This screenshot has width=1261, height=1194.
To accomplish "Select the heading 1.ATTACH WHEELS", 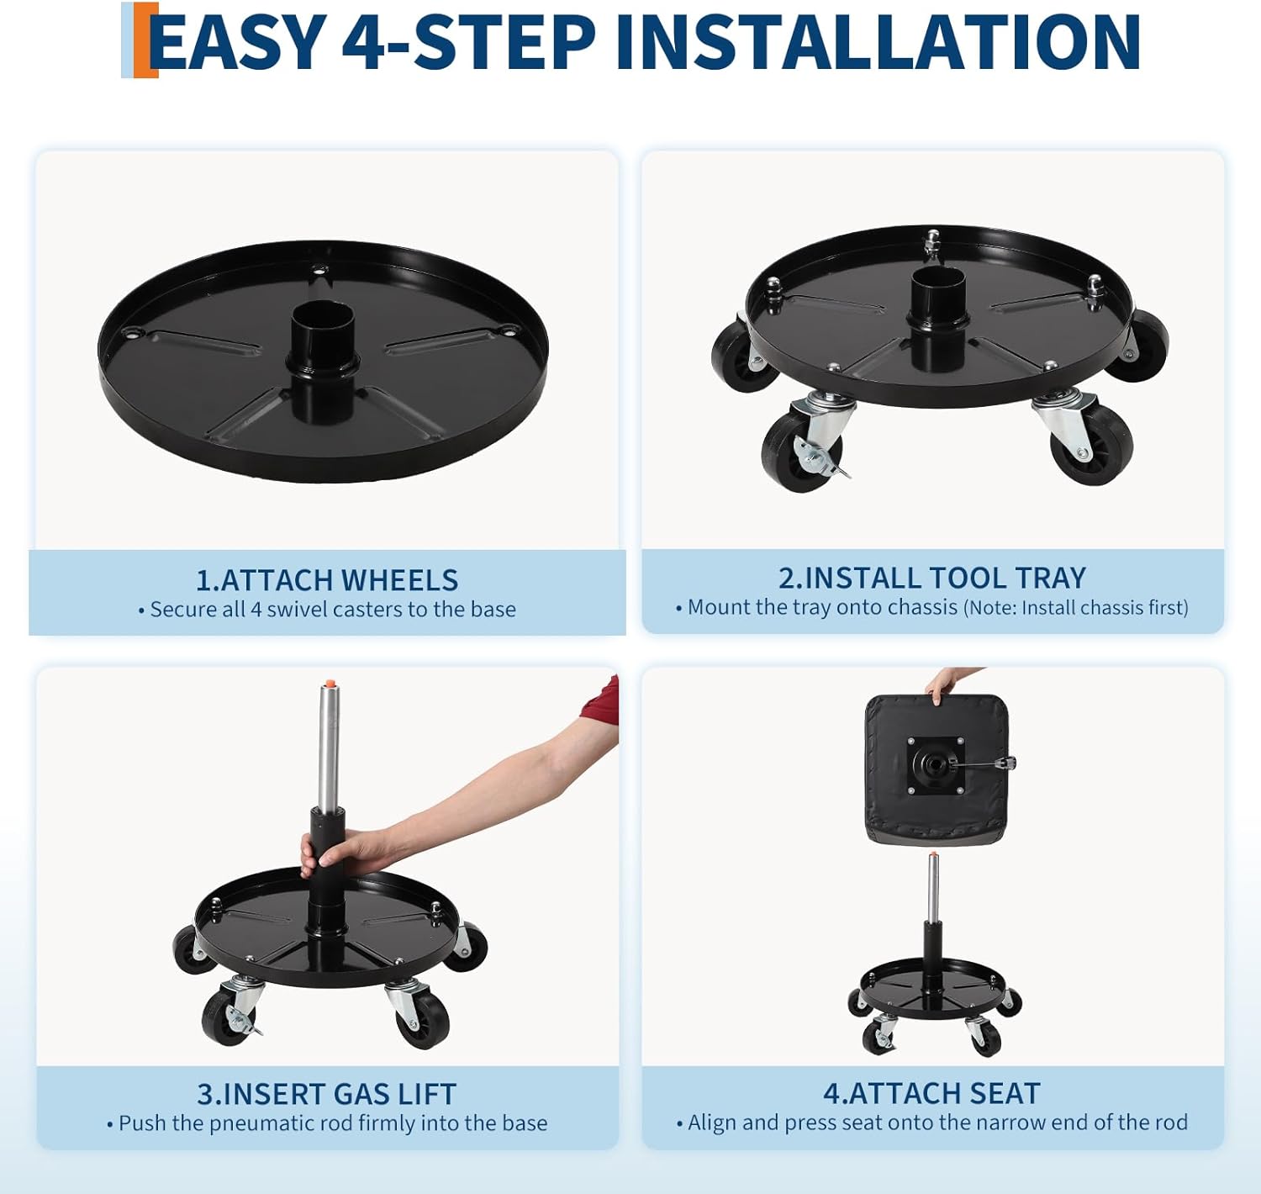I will [x=327, y=580].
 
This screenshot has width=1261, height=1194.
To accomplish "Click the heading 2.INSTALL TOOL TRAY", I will [x=932, y=578].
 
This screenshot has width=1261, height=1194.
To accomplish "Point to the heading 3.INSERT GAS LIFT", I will [x=327, y=1094].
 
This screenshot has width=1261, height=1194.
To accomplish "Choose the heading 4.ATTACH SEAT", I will [x=932, y=1093].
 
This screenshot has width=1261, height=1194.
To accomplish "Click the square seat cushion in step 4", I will [x=936, y=769].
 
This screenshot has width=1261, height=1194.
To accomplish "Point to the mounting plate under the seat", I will [x=936, y=764].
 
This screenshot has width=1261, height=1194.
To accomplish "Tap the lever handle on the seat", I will [x=992, y=763].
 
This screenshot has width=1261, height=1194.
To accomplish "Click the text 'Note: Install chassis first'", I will [x=1076, y=607].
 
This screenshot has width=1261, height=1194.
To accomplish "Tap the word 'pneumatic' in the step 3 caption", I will [x=257, y=1123].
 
